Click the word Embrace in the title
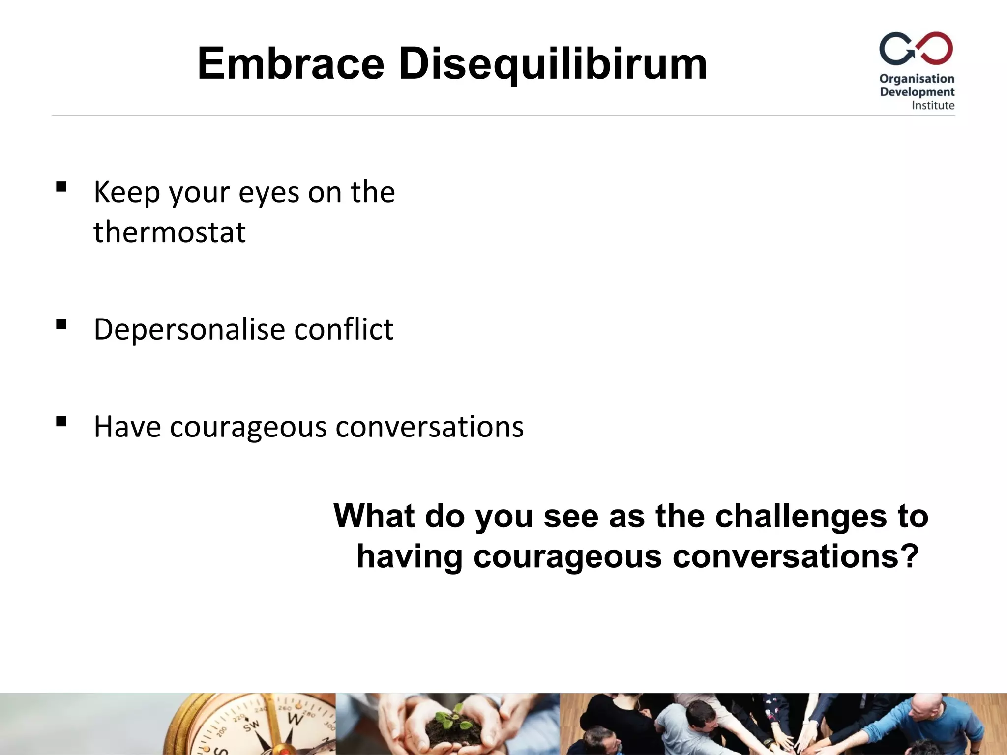pos(291,64)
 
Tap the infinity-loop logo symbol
pos(916,49)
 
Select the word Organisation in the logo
pos(917,79)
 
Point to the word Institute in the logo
pos(933,105)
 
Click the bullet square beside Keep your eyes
pos(61,187)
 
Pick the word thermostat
pos(170,232)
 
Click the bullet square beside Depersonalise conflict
pos(61,324)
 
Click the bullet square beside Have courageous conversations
pos(61,421)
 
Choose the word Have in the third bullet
pos(127,427)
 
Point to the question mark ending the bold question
pos(909,556)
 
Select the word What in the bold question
pos(374,516)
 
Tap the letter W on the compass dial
pos(295,718)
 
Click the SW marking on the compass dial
pos(252,725)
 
